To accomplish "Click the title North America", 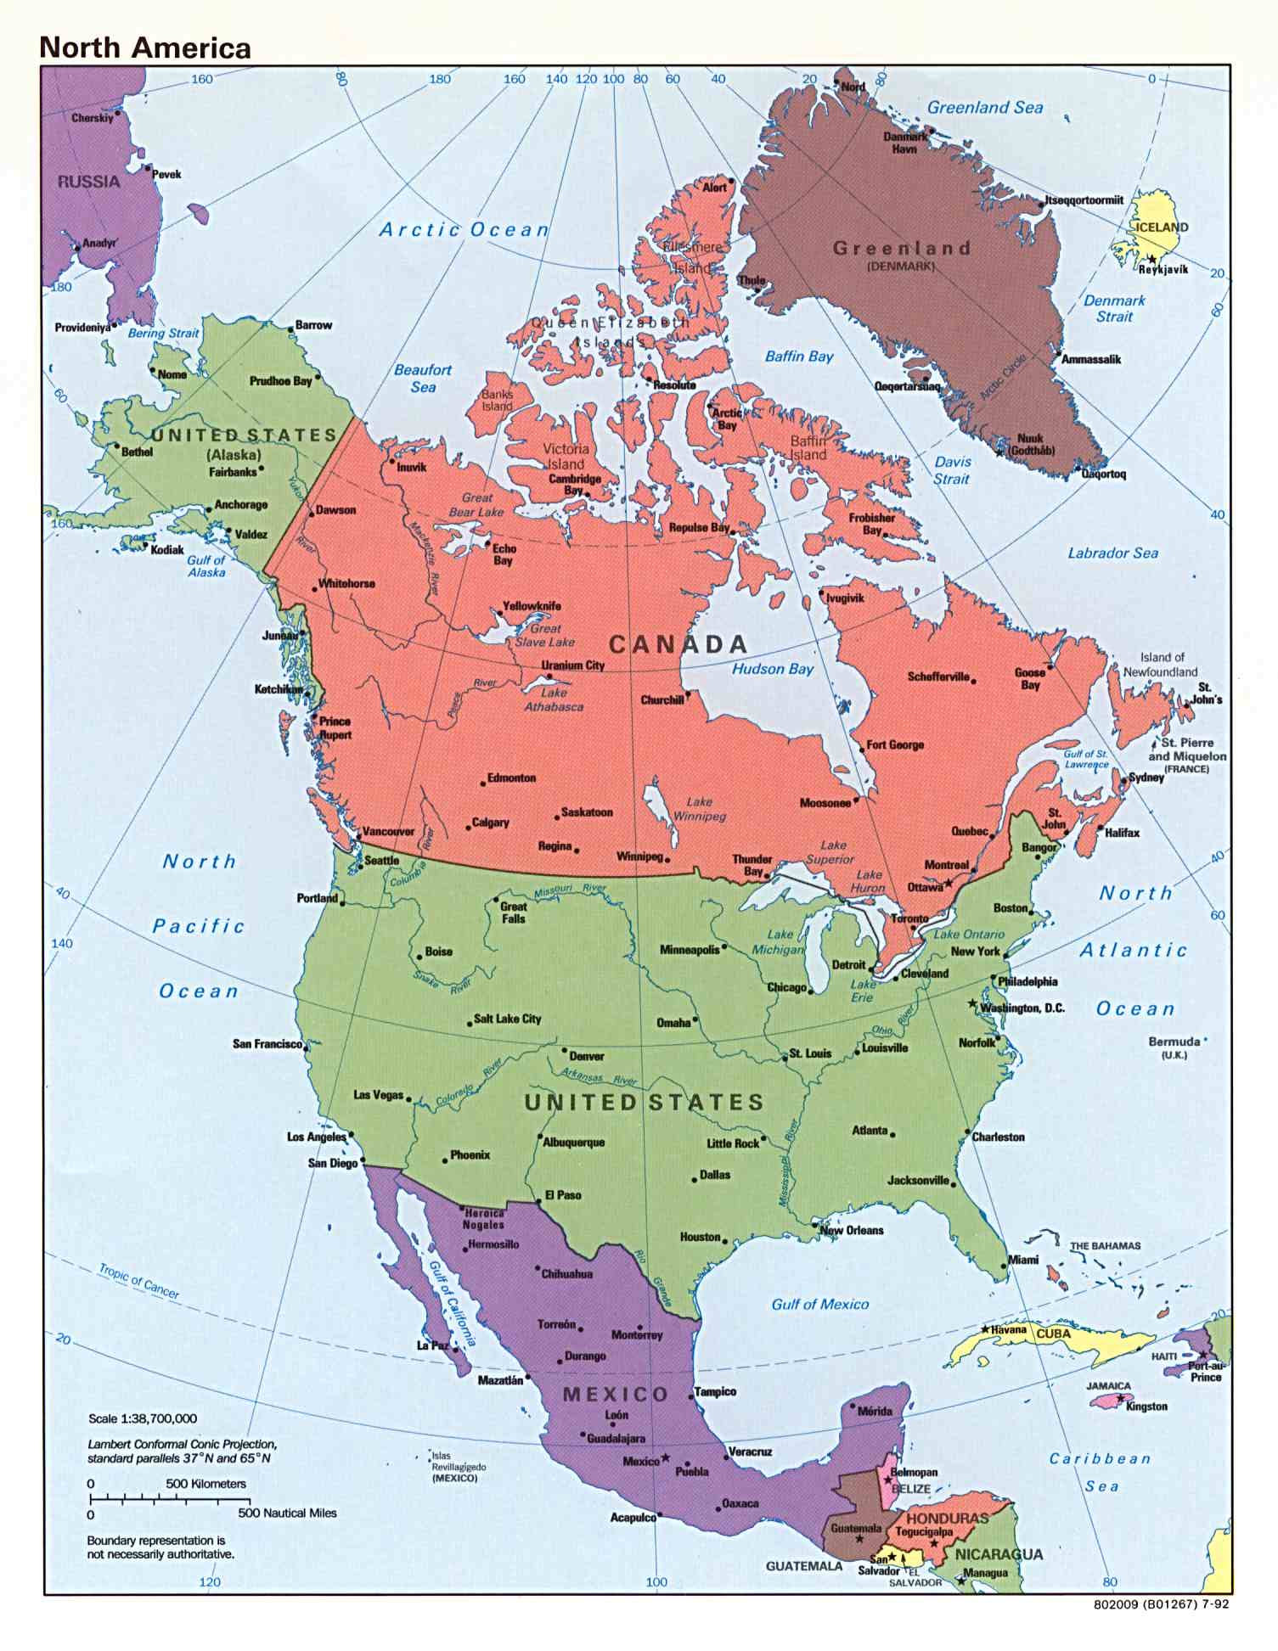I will [145, 48].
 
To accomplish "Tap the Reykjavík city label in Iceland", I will [1163, 269].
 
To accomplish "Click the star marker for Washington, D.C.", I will [973, 1003].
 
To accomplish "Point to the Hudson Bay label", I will [773, 669].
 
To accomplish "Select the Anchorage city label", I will [240, 504].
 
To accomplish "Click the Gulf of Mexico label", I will [819, 1304].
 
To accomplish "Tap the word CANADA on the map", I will [678, 644].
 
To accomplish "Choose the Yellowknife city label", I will [532, 606].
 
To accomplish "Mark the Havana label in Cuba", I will [1009, 1329].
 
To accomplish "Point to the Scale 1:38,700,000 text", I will [143, 1418].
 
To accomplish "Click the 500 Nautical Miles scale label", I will [287, 1513].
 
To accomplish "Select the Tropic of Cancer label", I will [139, 1281].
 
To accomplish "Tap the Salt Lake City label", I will [507, 1019].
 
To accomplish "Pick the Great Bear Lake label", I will [476, 505].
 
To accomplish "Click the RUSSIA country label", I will [88, 182].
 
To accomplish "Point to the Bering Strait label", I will [163, 334].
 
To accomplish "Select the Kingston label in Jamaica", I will [1146, 1407].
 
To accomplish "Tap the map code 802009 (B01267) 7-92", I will [1161, 1604].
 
